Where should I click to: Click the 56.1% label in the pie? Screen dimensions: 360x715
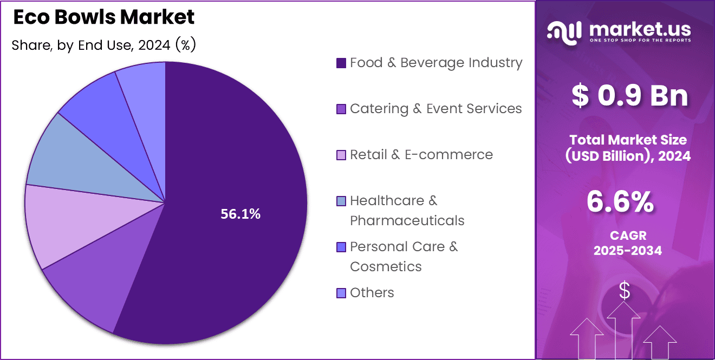coord(240,214)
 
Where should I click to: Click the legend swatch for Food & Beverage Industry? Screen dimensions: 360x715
coord(341,63)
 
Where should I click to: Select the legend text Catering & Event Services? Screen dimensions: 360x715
coord(435,109)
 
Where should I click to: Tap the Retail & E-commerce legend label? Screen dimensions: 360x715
coord(421,155)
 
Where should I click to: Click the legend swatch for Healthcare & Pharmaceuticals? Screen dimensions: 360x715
coord(341,201)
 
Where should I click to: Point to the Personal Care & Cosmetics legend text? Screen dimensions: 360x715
coord(404,256)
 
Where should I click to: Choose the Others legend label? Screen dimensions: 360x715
coord(372,293)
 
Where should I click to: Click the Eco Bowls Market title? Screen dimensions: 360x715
coord(103,17)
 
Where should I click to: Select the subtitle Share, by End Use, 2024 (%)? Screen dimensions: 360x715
coord(103,45)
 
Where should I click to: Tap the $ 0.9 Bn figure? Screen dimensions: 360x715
coord(629,96)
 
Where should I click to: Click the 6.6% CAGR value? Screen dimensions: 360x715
coord(620,202)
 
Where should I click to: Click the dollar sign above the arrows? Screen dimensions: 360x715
coord(625,291)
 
